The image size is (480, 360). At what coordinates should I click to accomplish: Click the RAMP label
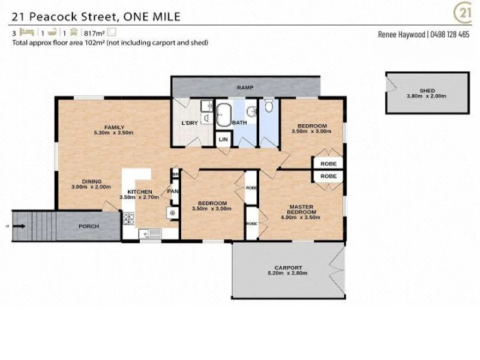(x=244, y=88)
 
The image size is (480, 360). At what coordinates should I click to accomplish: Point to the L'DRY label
(x=190, y=123)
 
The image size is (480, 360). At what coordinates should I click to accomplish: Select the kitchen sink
(x=149, y=234)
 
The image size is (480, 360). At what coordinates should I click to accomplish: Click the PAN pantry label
(x=172, y=191)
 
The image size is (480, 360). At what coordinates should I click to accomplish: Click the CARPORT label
(x=288, y=268)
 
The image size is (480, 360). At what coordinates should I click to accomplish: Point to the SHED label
(x=427, y=90)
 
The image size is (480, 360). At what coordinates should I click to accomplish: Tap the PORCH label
(x=89, y=227)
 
